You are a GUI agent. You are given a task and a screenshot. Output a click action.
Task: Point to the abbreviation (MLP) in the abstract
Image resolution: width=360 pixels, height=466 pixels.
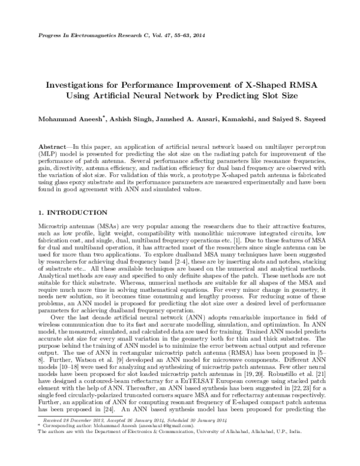[x=47, y=154]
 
